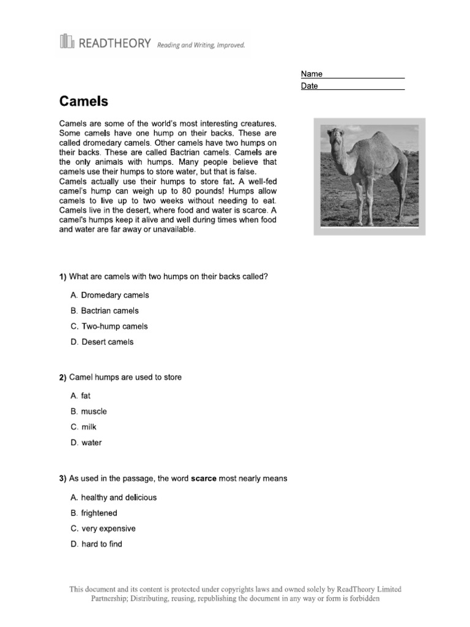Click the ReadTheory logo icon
66,41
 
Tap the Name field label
311,74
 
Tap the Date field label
310,86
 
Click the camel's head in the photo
334,134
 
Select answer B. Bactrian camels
105,311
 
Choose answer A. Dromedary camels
110,295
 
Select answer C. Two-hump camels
109,326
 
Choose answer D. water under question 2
86,443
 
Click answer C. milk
84,427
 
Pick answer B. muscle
89,411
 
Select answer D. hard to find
96,544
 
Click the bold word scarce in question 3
204,479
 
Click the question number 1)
62,277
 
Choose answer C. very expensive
103,528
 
